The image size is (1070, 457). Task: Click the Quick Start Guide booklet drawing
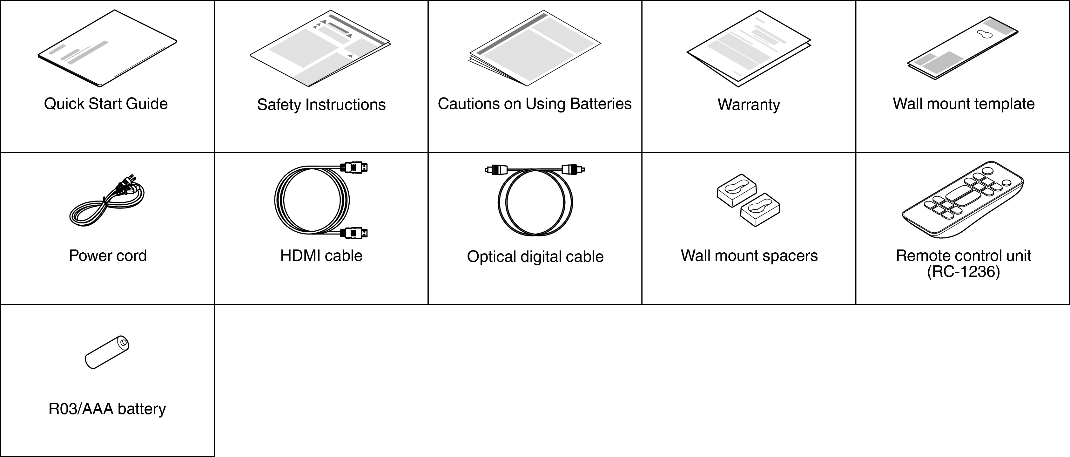tap(107, 49)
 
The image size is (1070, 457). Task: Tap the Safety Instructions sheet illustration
tap(320, 48)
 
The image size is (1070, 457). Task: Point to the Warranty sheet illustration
tap(749, 49)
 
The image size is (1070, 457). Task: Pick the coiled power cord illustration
tap(107, 200)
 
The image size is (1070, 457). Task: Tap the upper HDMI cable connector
tap(354, 167)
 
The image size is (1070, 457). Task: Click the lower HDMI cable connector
tap(354, 233)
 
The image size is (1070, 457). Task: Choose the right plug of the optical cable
tap(574, 169)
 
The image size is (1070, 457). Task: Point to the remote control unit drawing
tap(963, 199)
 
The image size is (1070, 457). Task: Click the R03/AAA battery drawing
tap(107, 352)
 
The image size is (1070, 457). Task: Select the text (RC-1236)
tap(963, 272)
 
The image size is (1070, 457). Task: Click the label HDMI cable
tap(321, 256)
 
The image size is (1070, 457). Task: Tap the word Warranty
tap(749, 105)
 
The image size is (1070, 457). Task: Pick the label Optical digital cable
tap(535, 257)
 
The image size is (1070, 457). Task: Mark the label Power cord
tap(108, 256)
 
